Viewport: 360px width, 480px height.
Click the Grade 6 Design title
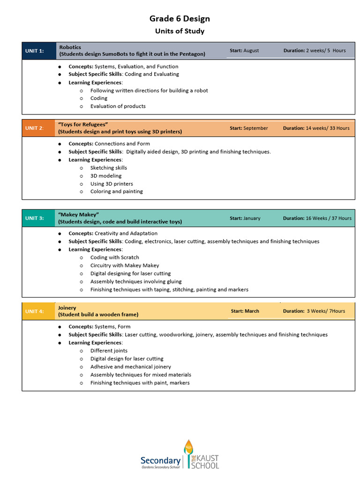coord(180,19)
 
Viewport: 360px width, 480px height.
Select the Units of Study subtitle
coord(180,31)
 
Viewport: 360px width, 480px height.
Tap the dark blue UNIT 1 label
coord(35,51)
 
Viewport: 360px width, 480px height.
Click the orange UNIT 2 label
coord(35,128)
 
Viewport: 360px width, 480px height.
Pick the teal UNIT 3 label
coord(35,218)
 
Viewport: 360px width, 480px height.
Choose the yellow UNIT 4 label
coord(35,311)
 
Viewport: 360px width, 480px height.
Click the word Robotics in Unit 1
coord(70,47)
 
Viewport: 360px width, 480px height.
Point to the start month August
coord(251,51)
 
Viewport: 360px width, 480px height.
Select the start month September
coord(255,128)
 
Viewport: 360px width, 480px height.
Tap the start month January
coord(252,218)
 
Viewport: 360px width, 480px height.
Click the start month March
coord(252,311)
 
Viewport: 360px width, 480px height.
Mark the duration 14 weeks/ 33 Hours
coord(327,128)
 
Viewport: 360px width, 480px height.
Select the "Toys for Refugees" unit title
coord(83,124)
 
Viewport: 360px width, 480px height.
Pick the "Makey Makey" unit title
coord(78,214)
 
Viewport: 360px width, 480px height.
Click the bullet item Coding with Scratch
coord(114,257)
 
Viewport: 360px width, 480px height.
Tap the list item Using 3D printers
coord(112,184)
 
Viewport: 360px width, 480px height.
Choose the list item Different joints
coord(109,351)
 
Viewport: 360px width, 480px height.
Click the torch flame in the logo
coord(188,446)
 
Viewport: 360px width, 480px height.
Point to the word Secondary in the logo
coord(160,460)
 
